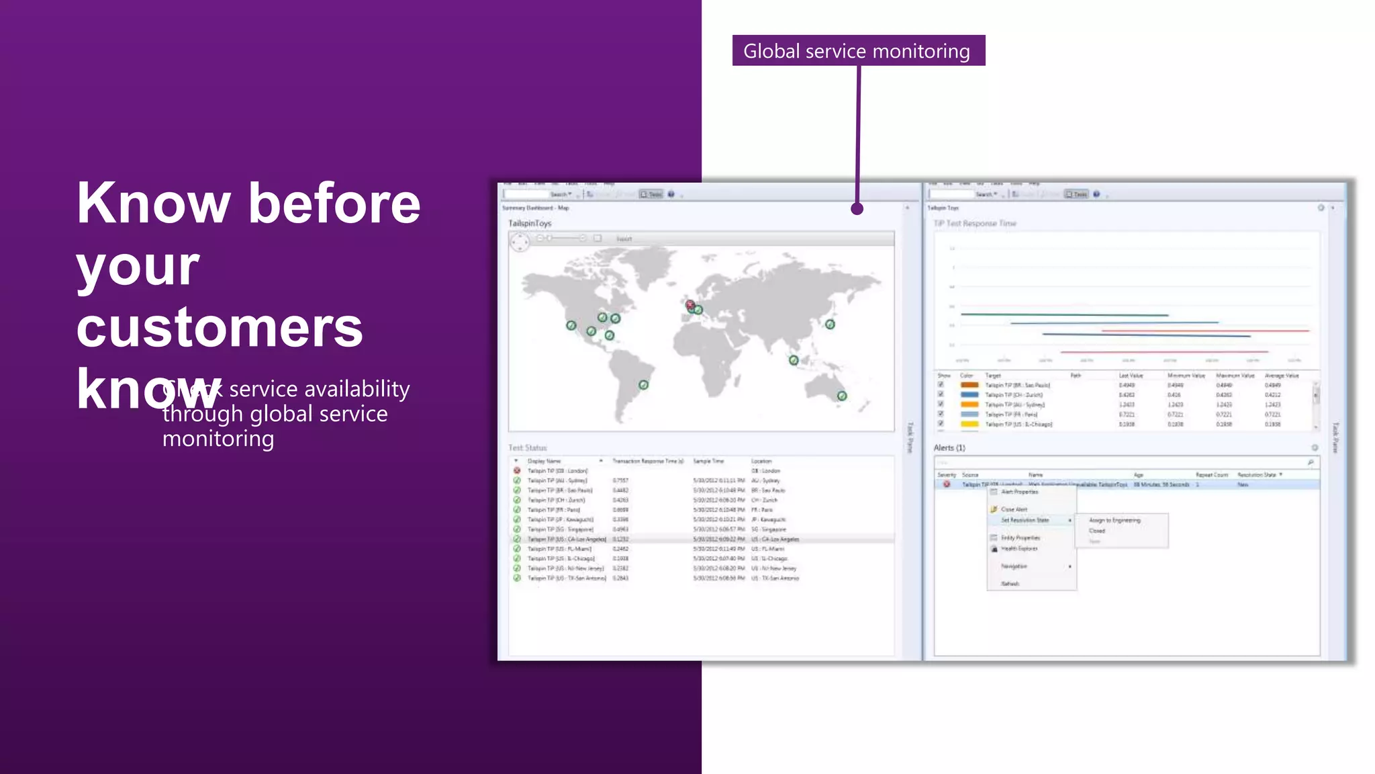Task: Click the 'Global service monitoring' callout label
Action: point(857,51)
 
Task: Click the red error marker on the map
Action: point(690,305)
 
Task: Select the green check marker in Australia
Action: point(842,396)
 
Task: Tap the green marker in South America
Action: point(643,385)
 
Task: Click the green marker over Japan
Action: point(830,325)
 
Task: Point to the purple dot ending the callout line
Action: point(857,209)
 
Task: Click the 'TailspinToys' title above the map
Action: point(530,223)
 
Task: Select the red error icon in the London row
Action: point(517,470)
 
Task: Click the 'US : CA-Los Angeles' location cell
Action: point(775,539)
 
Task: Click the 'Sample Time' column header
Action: point(708,461)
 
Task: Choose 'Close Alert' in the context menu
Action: point(1014,509)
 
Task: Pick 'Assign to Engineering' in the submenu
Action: point(1115,520)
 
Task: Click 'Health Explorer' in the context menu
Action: point(1019,549)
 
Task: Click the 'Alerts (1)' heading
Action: point(949,447)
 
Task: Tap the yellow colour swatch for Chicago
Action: point(969,424)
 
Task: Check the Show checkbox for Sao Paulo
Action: point(941,385)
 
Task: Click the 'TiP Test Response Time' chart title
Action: point(975,223)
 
